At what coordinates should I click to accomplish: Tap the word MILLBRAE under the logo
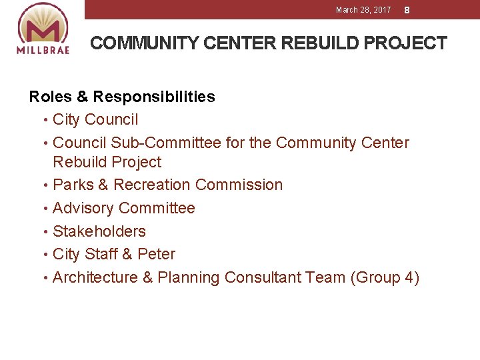[43, 51]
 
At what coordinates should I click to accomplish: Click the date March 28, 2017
[363, 10]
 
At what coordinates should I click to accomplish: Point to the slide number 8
[407, 11]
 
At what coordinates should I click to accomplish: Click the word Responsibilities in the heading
[154, 97]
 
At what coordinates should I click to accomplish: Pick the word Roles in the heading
[51, 97]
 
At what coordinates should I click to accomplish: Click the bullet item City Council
[95, 120]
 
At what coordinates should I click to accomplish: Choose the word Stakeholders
[99, 231]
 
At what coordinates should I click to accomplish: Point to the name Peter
[156, 254]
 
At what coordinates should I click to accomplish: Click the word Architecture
[95, 277]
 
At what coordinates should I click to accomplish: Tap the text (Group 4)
[385, 277]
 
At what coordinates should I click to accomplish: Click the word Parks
[71, 185]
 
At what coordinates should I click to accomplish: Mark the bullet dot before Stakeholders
[45, 232]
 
